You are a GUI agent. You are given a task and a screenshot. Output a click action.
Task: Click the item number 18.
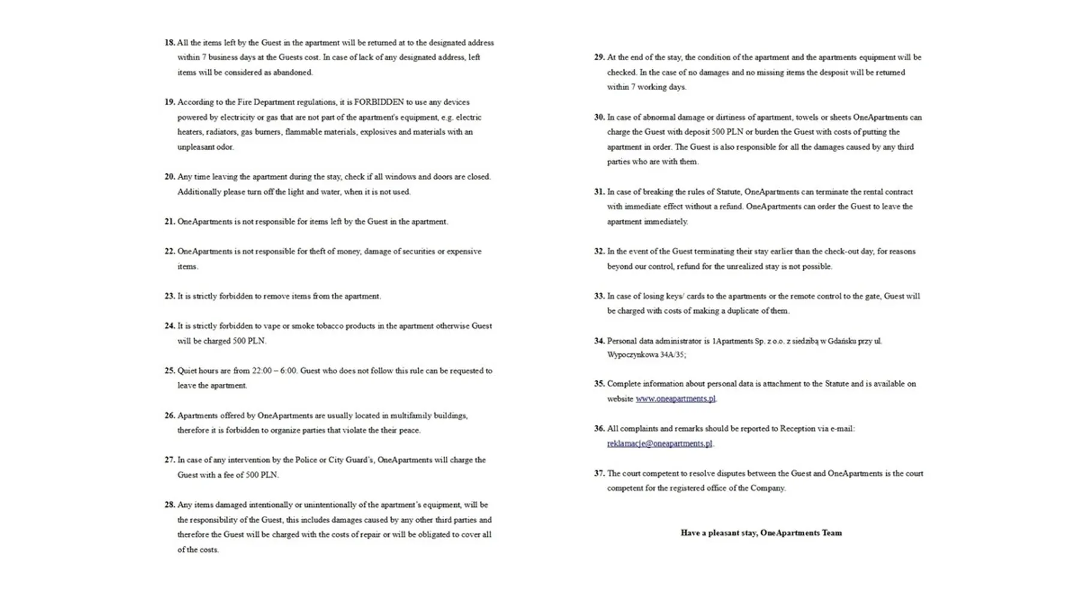170,43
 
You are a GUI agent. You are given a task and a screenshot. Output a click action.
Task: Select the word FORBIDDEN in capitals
379,102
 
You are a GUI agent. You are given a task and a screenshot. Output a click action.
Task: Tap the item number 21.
170,221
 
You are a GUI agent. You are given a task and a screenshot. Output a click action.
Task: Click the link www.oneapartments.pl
675,398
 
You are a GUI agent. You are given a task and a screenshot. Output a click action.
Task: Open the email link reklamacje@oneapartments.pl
659,443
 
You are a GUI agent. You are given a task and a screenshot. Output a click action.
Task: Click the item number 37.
599,473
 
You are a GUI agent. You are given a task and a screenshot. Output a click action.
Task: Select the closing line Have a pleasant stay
761,533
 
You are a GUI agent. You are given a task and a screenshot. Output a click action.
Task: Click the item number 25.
170,371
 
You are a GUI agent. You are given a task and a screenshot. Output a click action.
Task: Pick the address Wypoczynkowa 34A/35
646,355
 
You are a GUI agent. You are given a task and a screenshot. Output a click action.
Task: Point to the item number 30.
599,117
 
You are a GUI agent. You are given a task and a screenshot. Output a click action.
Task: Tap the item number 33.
599,296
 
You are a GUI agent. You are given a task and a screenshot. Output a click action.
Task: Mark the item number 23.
170,296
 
